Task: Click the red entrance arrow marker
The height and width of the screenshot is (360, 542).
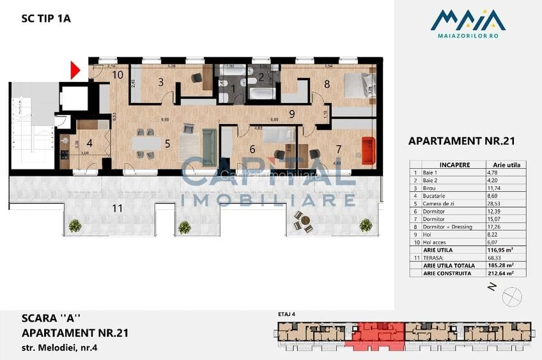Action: (74, 70)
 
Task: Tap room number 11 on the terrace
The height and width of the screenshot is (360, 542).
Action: (117, 208)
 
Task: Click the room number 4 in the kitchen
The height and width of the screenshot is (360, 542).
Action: (89, 143)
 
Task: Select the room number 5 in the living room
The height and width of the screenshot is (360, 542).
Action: (167, 143)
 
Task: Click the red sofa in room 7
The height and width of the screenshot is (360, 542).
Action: (367, 150)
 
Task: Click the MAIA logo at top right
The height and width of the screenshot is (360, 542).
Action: (468, 24)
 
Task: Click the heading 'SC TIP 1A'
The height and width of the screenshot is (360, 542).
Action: (46, 19)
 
